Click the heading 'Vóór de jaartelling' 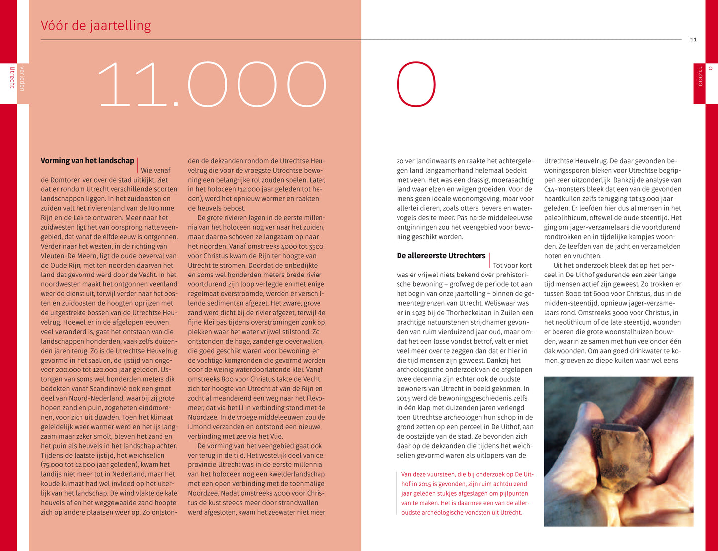(x=95, y=25)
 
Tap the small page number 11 (x=693, y=40)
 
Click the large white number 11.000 (x=212, y=85)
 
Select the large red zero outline (x=416, y=85)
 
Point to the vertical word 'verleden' (x=22, y=78)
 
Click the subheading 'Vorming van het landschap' (x=87, y=161)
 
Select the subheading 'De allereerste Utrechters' (x=441, y=256)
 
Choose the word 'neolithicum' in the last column (x=574, y=322)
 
